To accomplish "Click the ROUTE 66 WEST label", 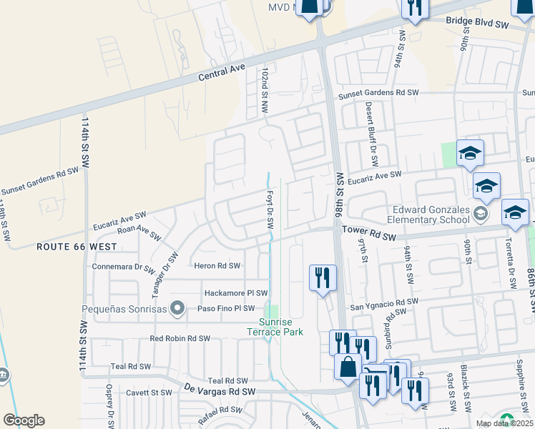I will tap(77, 247).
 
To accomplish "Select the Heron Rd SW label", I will tap(217, 265).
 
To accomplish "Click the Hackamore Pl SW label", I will tap(236, 293).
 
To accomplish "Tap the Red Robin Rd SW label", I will tap(180, 338).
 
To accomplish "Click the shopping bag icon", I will tap(348, 367).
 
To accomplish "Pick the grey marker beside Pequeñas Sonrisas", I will tap(180, 309).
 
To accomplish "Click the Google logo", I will tap(24, 420).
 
